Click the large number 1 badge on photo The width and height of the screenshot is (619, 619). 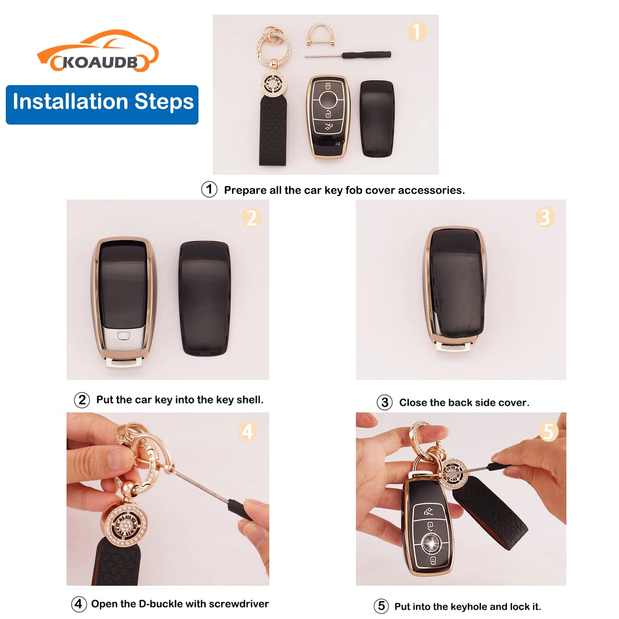click(416, 32)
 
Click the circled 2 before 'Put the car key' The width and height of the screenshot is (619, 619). click(82, 400)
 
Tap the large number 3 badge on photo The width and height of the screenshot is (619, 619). click(545, 217)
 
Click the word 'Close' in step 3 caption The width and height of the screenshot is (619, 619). click(413, 403)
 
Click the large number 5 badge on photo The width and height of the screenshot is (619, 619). click(548, 431)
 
